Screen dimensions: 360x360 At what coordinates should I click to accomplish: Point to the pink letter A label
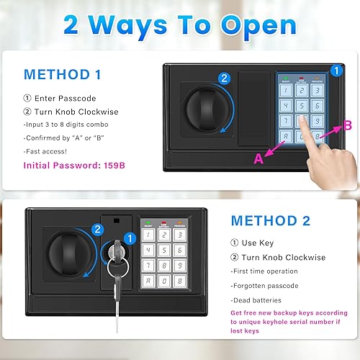[257, 160]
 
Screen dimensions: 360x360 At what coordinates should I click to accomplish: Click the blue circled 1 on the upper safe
[336, 71]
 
